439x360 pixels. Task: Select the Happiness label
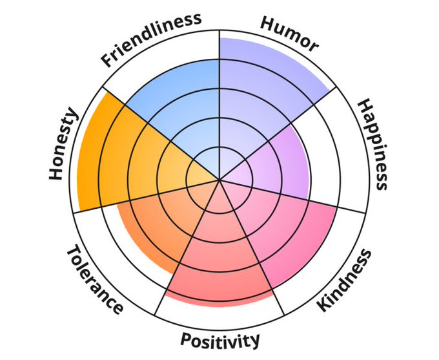[x=374, y=145]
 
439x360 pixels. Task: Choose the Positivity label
[x=220, y=339]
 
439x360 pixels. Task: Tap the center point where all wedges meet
[x=219, y=180]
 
